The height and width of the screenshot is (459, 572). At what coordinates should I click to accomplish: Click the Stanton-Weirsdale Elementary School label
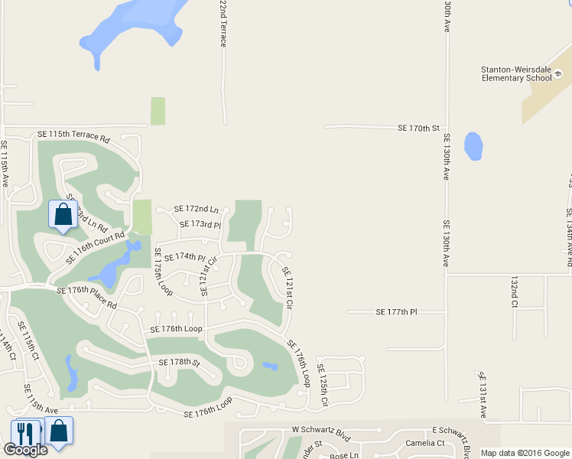point(516,73)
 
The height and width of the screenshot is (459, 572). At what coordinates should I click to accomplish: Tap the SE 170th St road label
point(420,129)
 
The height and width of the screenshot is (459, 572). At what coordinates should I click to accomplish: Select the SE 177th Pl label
point(397,312)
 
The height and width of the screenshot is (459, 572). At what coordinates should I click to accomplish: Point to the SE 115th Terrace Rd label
point(73,135)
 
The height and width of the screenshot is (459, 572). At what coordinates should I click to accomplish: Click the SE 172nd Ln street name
point(196,209)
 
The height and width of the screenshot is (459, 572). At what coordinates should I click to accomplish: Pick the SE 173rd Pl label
point(200,225)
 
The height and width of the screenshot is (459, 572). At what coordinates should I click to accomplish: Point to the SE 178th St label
point(174,362)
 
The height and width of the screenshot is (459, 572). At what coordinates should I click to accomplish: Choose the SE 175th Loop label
point(164,272)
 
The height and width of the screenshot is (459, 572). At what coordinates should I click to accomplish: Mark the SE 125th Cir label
point(323,386)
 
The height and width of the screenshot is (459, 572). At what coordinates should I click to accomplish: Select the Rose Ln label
point(343,455)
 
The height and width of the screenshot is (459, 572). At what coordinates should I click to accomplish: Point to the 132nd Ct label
point(513,293)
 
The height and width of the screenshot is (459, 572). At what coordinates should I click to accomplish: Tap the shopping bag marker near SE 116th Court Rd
point(62,215)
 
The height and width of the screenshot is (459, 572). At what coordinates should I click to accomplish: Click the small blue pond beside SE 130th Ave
point(473,145)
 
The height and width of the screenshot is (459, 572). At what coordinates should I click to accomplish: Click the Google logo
point(25,450)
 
